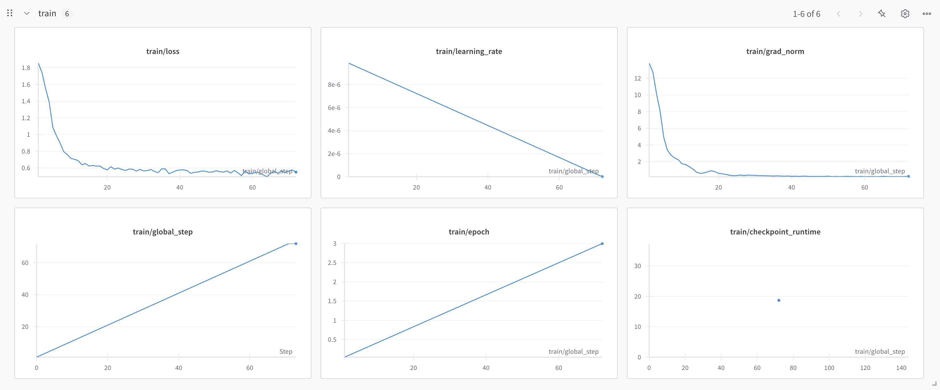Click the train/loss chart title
tap(163, 51)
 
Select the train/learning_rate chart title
tap(469, 51)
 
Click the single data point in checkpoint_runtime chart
tap(779, 300)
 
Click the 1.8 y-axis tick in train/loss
tap(26, 68)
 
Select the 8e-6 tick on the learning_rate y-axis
tap(334, 85)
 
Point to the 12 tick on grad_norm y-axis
tap(637, 78)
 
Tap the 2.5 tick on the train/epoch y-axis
tap(332, 263)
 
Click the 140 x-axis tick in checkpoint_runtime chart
tap(901, 368)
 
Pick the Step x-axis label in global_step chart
tap(286, 351)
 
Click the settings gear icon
tap(905, 14)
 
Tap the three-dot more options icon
tap(927, 14)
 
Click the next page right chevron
tap(861, 14)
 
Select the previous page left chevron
tap(839, 14)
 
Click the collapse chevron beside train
tap(27, 13)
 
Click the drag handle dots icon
tap(10, 13)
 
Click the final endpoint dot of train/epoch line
tap(602, 244)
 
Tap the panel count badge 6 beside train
tap(67, 14)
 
